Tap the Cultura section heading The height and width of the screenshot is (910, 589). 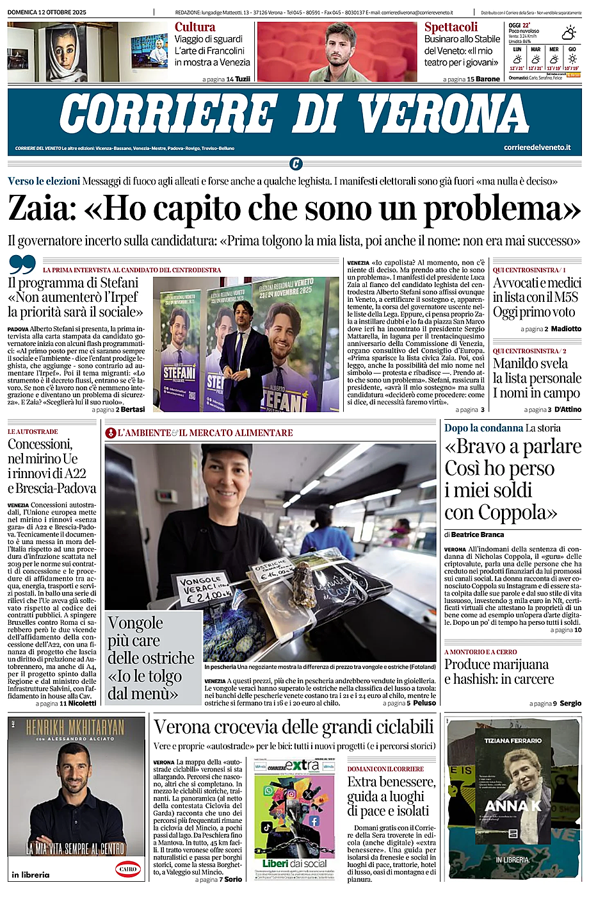click(195, 27)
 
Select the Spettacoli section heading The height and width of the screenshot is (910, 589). click(451, 27)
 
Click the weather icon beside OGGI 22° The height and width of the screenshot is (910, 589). click(569, 32)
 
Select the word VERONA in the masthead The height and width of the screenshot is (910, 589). click(443, 115)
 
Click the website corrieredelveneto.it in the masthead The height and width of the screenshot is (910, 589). click(537, 147)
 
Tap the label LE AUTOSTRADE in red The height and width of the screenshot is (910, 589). click(33, 431)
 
